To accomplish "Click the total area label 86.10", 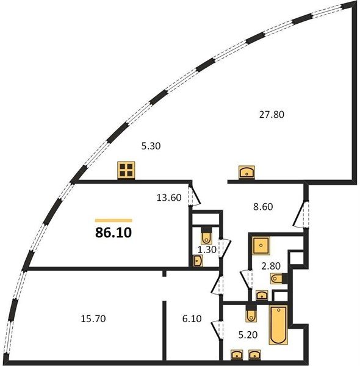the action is pos(113,232).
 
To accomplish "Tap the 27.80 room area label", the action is pos(272,115).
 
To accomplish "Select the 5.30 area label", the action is pos(151,146).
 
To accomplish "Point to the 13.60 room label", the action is pos(169,198).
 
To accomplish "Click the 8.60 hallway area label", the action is pos(263,207).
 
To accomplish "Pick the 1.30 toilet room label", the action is pos(207,249).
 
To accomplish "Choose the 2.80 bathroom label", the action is pos(271,266).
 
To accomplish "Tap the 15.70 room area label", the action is pos(93,318).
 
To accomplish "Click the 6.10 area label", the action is pos(192,318).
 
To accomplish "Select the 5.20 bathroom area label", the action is pos(248,335).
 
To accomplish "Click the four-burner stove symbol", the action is pos(126,170).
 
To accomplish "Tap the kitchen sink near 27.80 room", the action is pos(247,172).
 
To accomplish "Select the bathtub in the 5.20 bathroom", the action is pos(278,325).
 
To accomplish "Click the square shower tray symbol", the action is pos(261,246).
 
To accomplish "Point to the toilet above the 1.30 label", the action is pos(206,236).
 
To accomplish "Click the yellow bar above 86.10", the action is pos(113,220).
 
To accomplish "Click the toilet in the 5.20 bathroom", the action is pos(251,313).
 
